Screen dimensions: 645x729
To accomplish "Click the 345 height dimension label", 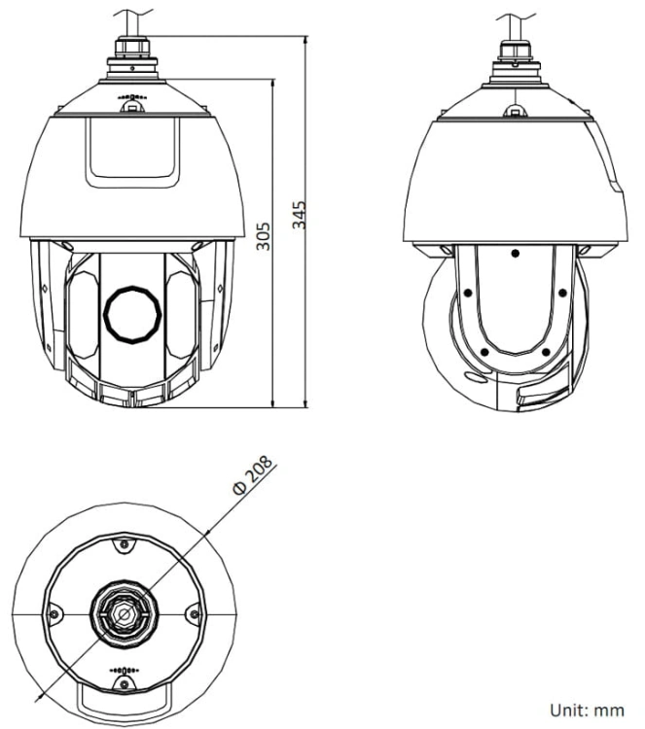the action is point(300,215).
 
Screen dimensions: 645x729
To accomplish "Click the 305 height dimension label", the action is point(264,236).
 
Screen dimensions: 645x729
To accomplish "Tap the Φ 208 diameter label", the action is point(253,475).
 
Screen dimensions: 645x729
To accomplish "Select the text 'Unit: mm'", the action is point(587,711).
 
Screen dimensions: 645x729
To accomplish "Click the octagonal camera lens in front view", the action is point(132,315).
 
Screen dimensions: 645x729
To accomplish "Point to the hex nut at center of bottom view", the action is point(125,614).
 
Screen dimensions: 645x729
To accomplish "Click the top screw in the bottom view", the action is point(125,544).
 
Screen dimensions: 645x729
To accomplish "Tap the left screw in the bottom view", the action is point(54,614).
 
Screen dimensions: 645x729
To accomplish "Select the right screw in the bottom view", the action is point(195,614).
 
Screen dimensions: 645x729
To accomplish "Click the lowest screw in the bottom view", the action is point(125,684).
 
